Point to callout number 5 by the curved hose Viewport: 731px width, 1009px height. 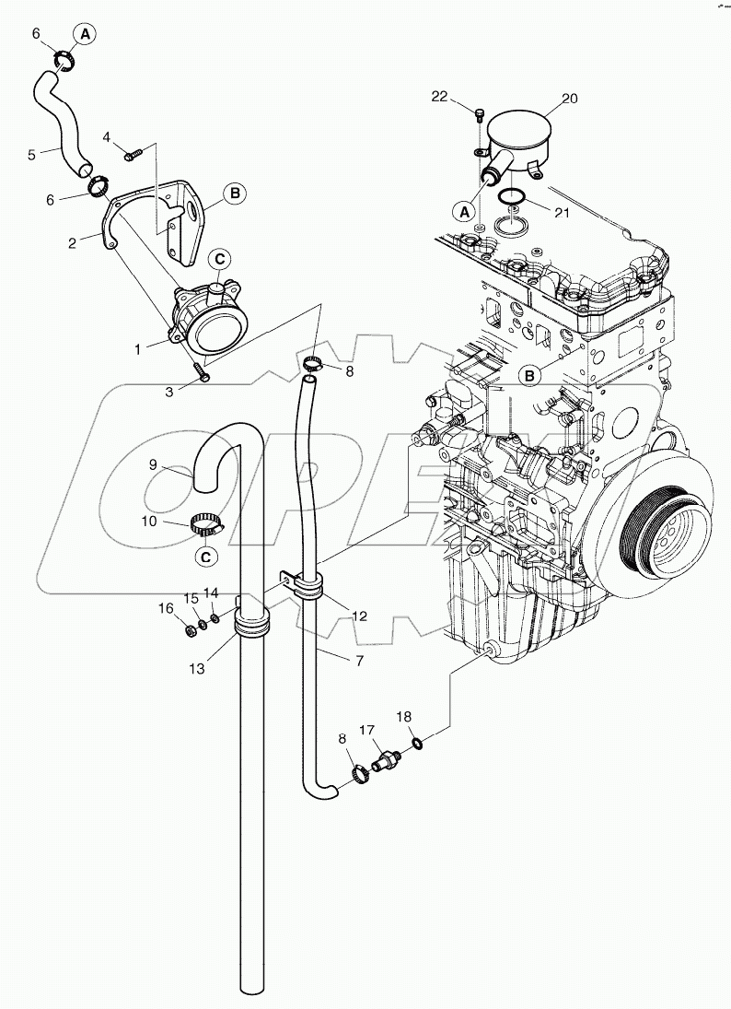pos(32,155)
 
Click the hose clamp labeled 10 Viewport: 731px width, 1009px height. pos(208,527)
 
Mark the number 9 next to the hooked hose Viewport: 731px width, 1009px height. pos(155,466)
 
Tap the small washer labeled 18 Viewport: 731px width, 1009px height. pos(418,742)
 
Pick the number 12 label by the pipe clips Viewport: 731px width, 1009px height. pos(361,616)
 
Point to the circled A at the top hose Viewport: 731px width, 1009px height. pos(85,35)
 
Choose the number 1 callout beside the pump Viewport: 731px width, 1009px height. pos(137,349)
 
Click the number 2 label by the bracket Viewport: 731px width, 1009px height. pos(72,243)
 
